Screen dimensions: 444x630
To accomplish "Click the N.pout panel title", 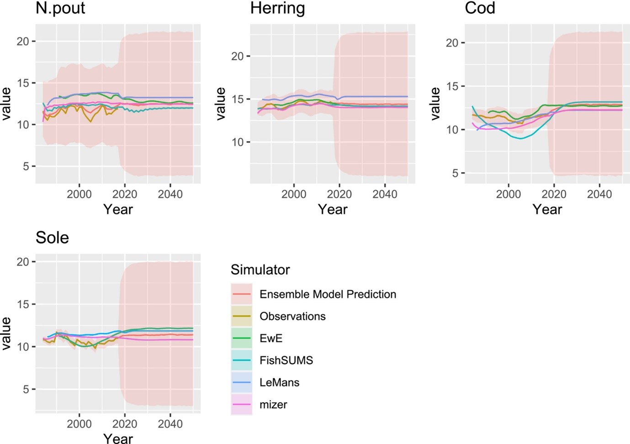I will tap(60, 8).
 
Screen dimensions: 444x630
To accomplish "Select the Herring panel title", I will tap(277, 8).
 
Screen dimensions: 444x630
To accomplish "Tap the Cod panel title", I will tap(480, 8).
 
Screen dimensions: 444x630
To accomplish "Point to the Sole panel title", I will tap(52, 238).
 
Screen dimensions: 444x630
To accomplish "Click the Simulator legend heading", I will tap(260, 270).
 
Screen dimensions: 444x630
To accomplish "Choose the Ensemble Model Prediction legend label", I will tap(328, 294).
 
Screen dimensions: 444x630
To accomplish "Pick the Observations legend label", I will tap(292, 316).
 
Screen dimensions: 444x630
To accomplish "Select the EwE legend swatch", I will tap(241, 338).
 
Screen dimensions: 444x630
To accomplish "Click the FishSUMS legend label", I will tap(286, 360).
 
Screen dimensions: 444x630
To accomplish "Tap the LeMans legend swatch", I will tap(241, 382).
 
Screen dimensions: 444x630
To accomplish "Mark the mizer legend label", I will tap(273, 404).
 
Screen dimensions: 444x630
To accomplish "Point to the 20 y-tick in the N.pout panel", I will tap(23, 42).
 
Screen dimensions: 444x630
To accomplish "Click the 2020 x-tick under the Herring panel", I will tap(339, 194).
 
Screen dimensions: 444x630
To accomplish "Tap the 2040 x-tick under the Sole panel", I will tap(170, 424).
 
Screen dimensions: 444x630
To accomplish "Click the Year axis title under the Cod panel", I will tap(547, 209).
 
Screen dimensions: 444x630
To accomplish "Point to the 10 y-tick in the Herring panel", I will tap(238, 142).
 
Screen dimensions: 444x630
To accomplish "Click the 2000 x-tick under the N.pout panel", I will tap(79, 194).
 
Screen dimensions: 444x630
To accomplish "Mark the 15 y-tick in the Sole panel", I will tap(23, 304).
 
